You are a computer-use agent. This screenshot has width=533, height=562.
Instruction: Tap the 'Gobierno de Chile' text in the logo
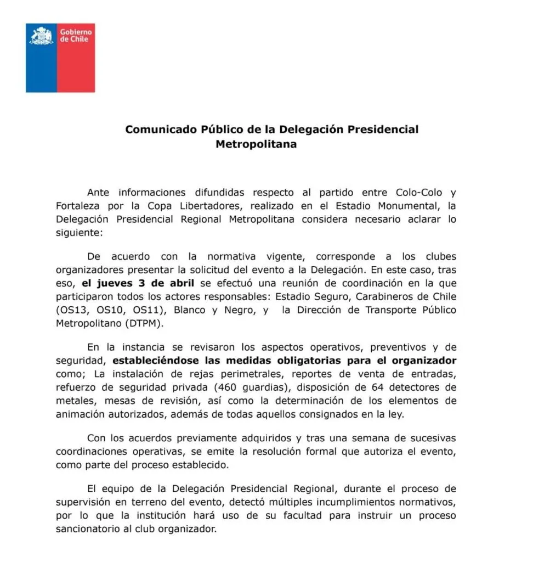76,36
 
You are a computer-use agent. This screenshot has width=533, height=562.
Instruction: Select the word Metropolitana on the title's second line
256,144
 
